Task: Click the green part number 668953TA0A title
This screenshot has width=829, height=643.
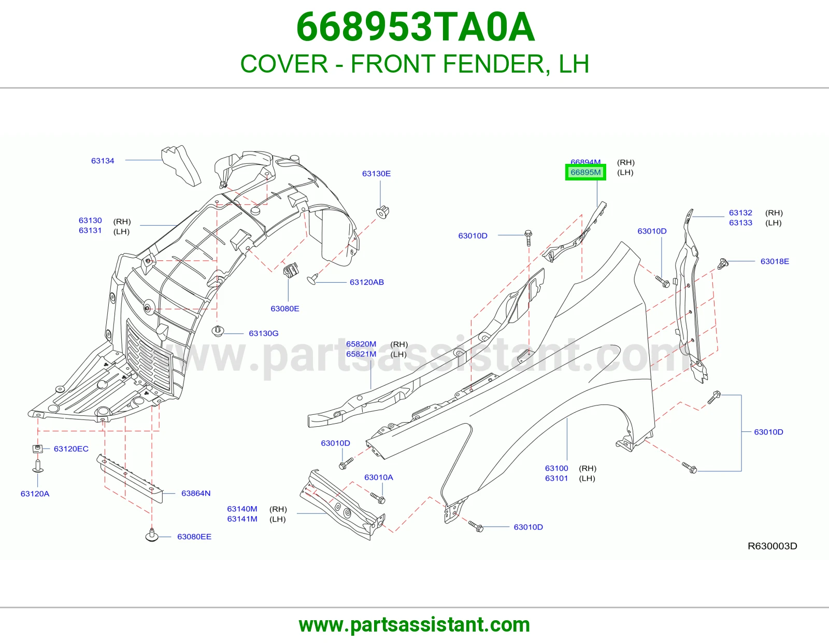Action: pos(416,27)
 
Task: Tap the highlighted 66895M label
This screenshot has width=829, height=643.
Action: pos(585,172)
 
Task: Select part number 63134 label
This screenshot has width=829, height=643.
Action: pos(103,161)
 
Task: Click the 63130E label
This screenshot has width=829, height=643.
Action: pos(376,173)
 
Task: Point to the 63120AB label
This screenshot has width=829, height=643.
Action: pos(367,282)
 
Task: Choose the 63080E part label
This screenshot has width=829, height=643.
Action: pos(284,309)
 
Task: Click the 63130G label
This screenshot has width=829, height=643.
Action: pos(263,333)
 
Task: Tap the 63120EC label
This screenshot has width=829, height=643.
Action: pos(71,449)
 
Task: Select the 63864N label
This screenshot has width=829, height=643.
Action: pos(196,493)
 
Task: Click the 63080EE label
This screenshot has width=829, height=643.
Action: pos(194,537)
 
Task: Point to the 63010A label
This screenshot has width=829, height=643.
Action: pos(378,477)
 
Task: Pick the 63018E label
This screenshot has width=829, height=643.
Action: pos(775,261)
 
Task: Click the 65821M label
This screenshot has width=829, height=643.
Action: pos(361,354)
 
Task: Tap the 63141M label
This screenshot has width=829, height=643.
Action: pos(242,519)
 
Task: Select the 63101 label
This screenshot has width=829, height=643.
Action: pos(556,478)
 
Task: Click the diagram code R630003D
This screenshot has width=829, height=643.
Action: pos(772,546)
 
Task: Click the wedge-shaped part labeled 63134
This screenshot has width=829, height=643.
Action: pos(181,165)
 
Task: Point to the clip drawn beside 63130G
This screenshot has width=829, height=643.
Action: pos(218,331)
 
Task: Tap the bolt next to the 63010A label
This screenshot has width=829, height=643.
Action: pos(378,498)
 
